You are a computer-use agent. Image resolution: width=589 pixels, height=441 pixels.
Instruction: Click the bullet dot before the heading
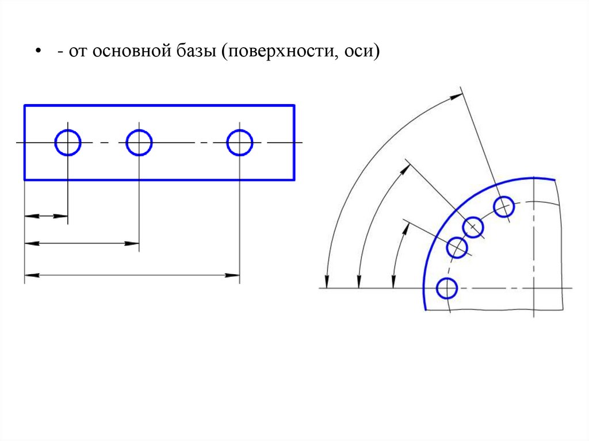38,52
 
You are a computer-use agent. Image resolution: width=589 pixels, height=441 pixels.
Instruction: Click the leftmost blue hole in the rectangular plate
68,143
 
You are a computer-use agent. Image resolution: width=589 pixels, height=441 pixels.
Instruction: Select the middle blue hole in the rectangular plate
139,143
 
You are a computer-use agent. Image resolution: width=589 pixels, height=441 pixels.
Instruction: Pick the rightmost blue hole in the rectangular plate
239,143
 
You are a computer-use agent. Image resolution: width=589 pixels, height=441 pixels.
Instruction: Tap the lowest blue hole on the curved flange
446,288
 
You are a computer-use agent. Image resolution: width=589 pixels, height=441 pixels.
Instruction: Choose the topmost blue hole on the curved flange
504,206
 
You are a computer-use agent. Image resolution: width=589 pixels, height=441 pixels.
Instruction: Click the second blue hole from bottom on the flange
458,248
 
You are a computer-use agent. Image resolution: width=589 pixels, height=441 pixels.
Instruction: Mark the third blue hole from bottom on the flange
473,227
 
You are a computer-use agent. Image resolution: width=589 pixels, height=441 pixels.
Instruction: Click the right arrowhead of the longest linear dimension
235,275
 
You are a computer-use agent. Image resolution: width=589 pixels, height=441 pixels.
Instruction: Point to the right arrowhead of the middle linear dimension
135,244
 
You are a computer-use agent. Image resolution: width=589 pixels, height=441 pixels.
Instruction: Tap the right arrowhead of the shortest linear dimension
63,216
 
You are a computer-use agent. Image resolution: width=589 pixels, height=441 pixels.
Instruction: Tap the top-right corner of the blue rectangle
294,106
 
